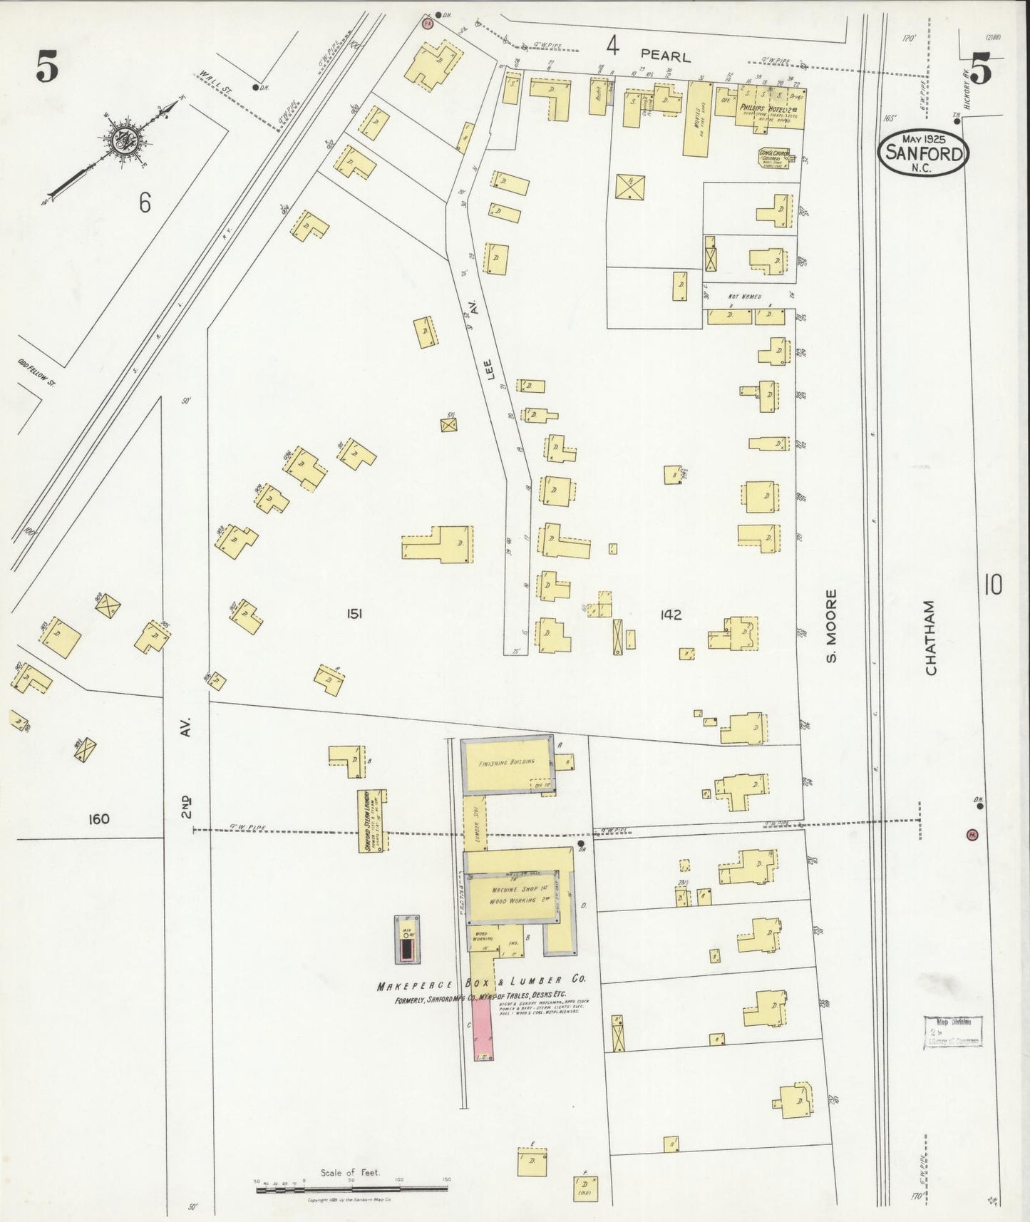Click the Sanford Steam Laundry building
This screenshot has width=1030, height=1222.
(371, 820)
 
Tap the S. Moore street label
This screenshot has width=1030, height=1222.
(830, 625)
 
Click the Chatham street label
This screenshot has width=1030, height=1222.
(930, 637)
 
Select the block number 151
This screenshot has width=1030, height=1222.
(354, 613)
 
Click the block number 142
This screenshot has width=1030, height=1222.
(671, 615)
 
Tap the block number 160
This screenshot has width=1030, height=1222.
(98, 818)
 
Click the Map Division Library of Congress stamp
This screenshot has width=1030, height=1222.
(953, 1032)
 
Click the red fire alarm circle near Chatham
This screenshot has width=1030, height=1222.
(972, 834)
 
